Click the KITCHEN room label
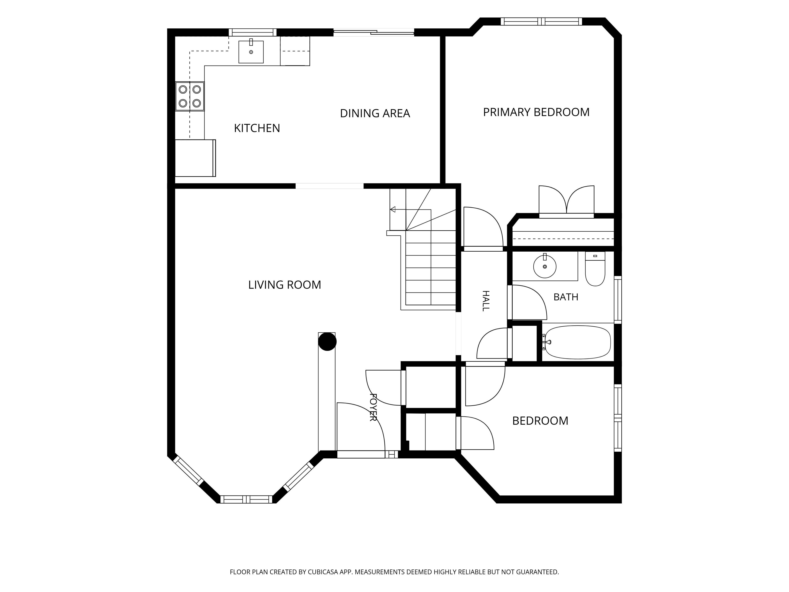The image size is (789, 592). point(257,128)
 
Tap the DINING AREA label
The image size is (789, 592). point(375,113)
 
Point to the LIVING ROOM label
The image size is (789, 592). point(285,285)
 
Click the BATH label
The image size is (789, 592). point(566,297)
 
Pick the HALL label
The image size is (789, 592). point(486,301)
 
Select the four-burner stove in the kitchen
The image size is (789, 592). point(190,96)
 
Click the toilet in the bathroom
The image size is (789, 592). point(595,268)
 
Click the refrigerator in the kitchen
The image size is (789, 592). point(195,158)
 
